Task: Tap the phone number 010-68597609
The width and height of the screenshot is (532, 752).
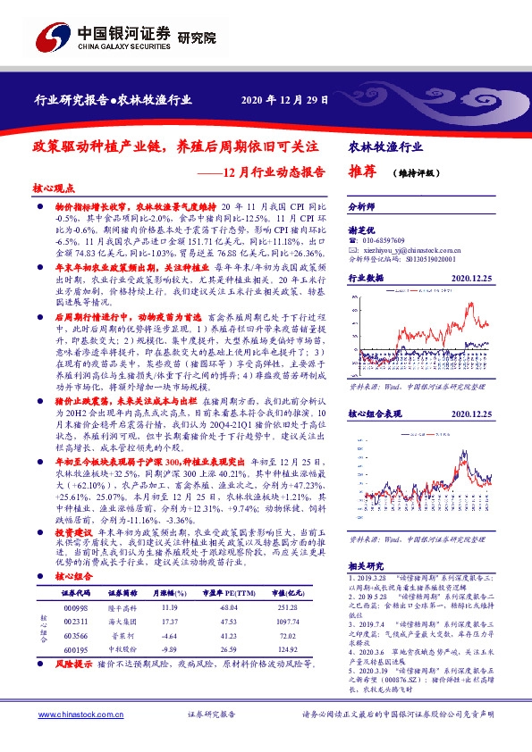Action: [385, 241]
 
